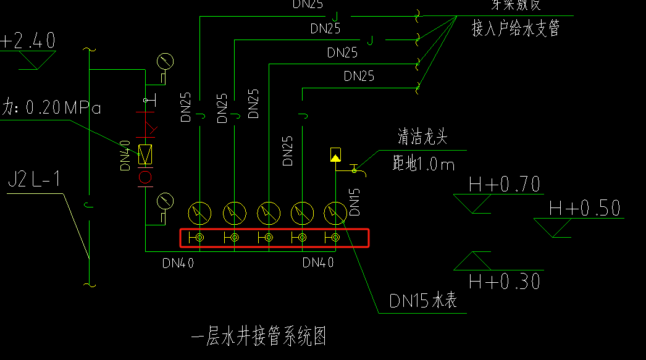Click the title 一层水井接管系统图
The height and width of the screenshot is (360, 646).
(259, 337)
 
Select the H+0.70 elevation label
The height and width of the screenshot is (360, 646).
(504, 184)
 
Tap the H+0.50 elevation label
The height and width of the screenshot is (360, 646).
(584, 209)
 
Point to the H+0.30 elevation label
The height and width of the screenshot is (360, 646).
(504, 282)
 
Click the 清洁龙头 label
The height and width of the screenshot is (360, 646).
(422, 137)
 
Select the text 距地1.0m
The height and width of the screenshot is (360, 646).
(423, 164)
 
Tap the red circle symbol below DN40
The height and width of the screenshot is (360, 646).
(146, 178)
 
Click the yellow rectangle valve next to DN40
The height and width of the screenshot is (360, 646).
(146, 154)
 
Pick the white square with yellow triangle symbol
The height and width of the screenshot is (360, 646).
(335, 155)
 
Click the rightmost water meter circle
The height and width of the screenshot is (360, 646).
(335, 213)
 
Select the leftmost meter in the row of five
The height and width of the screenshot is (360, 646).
(199, 213)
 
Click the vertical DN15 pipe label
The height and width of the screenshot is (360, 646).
(354, 202)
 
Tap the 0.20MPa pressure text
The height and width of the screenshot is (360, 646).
(56, 108)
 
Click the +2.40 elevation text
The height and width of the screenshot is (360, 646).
(28, 41)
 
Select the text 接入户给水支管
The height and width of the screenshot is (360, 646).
(516, 28)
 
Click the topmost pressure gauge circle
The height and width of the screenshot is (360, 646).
(165, 61)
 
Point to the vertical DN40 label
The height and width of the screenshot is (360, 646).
(125, 156)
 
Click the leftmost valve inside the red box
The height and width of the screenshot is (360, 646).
(199, 238)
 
